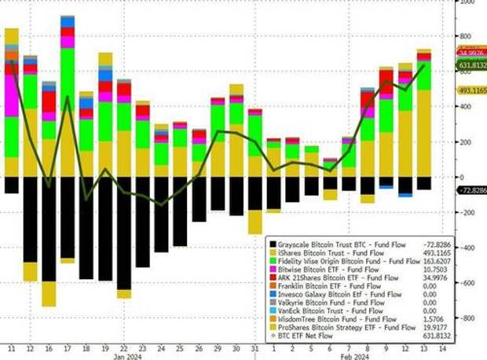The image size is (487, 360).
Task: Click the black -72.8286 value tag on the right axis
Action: coord(470,191)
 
